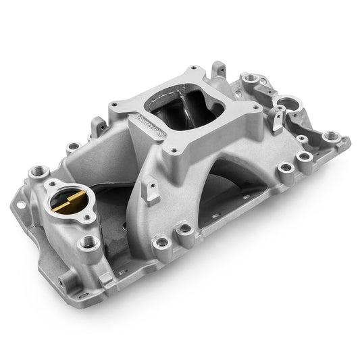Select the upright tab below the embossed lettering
(x=152, y=191)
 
